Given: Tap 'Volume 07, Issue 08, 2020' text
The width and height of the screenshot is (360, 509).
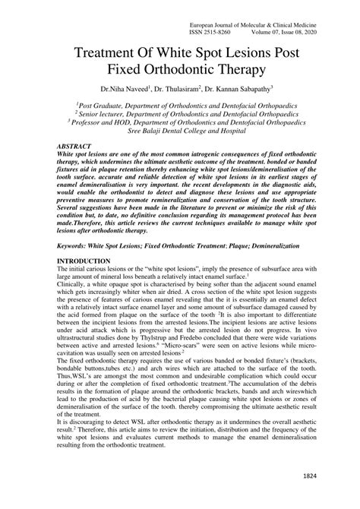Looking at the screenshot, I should pos(289,33).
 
